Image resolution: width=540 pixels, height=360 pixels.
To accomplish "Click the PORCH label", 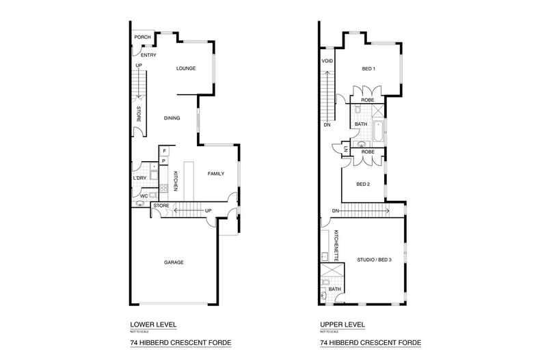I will point(142,38).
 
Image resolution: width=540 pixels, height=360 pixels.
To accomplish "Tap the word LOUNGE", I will point(186,68).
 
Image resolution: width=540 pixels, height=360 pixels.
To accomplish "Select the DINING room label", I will point(172,118).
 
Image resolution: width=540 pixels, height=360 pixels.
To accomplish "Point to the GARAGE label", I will point(173,262).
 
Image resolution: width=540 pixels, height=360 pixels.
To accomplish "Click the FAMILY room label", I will point(216,174).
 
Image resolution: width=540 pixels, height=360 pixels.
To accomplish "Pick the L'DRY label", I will point(139,178).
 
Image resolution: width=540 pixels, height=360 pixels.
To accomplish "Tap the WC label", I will point(144,196).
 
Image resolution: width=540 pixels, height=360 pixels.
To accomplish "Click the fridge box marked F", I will point(164,150).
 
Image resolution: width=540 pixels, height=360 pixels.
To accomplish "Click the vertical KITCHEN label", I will point(176,180).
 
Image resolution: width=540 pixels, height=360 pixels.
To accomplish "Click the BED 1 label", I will point(369,68).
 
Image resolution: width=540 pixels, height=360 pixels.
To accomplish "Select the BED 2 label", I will point(363,184).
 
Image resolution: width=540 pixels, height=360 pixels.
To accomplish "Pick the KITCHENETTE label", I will point(337,246).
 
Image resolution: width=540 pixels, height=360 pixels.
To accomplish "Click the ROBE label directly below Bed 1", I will point(368,100).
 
